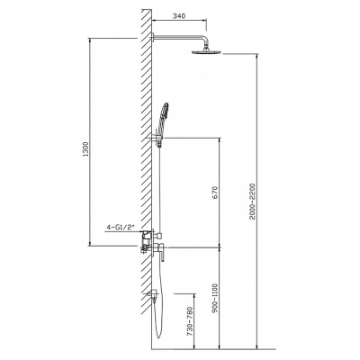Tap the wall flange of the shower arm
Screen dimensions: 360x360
[x=152, y=36]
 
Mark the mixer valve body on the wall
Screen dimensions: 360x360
[x=150, y=245]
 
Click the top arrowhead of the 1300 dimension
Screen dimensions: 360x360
[x=89, y=39]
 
